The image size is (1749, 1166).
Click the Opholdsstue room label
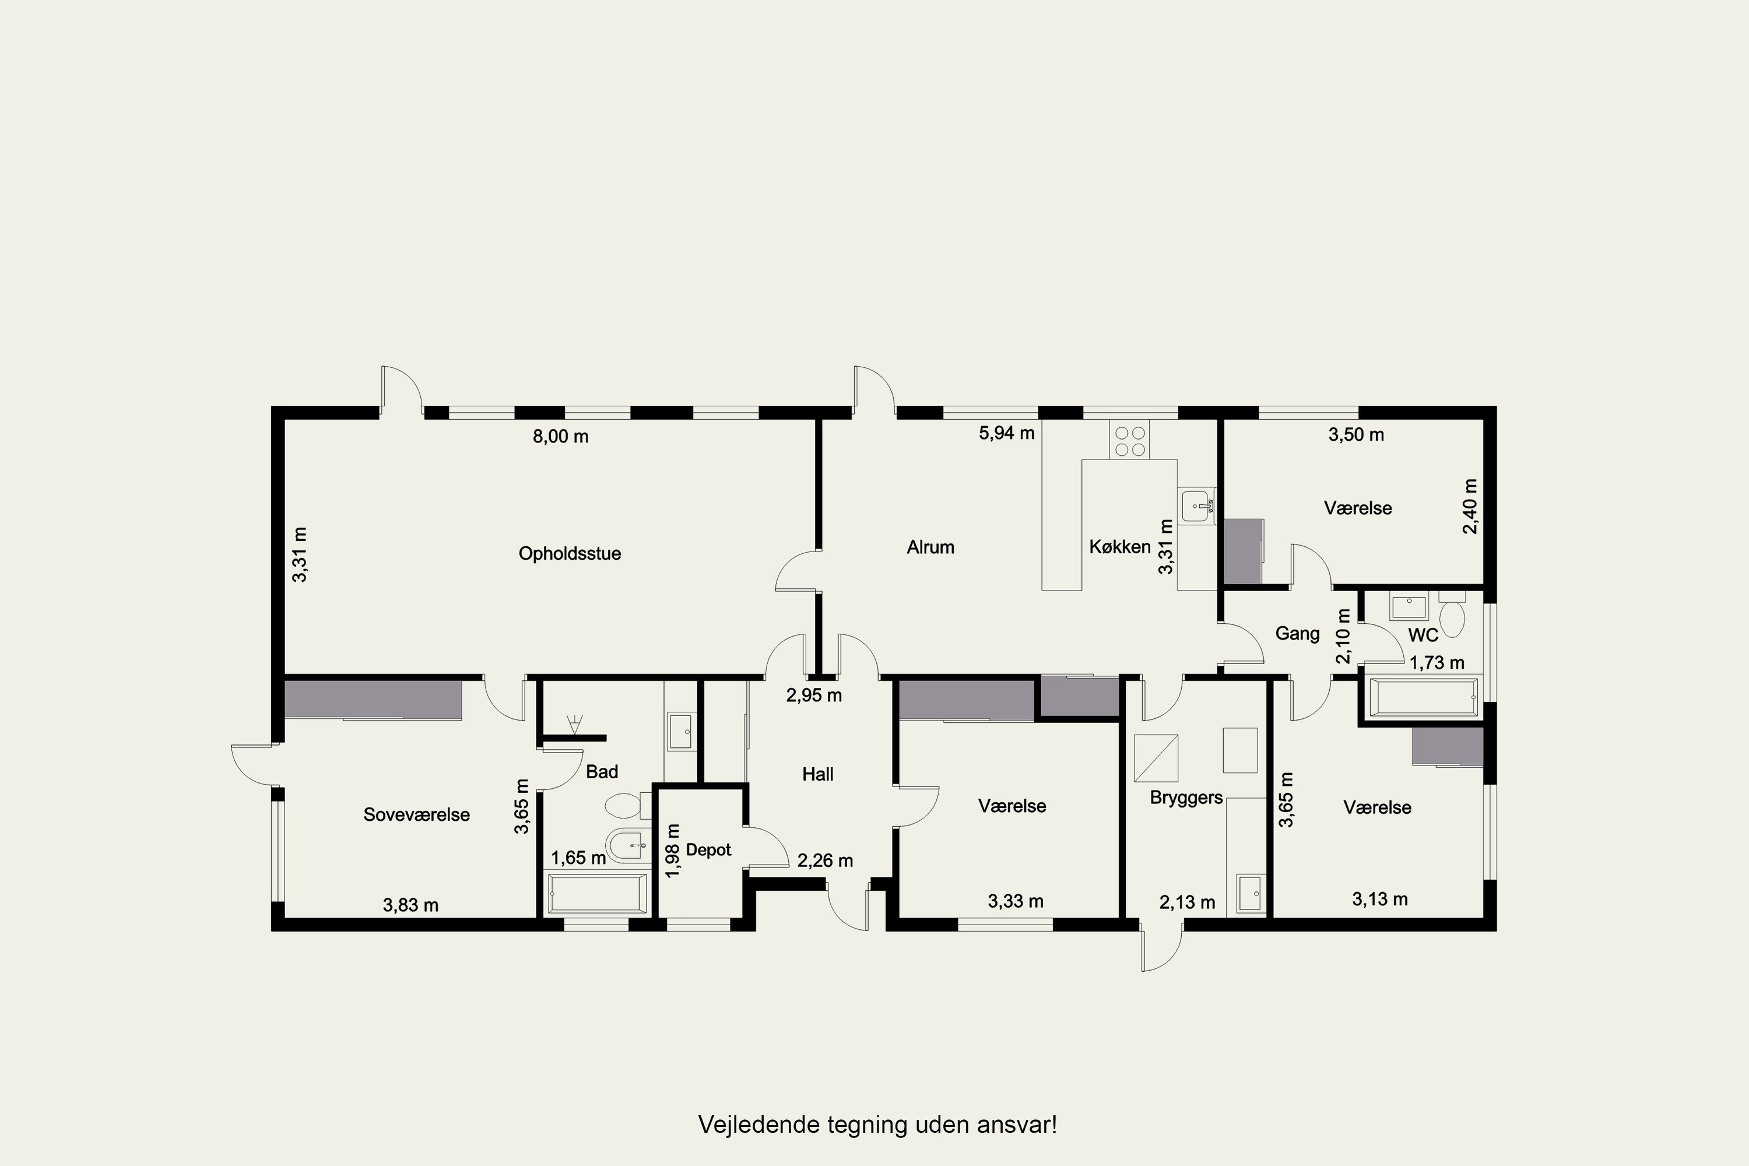tap(570, 554)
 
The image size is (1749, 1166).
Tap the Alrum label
tap(930, 547)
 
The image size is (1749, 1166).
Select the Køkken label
tap(1120, 547)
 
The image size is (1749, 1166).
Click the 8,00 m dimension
tap(561, 437)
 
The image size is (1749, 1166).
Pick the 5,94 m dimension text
tap(1007, 433)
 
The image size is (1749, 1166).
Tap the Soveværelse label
tap(416, 814)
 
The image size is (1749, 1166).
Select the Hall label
tap(817, 774)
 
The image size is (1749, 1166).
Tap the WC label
tap(1423, 635)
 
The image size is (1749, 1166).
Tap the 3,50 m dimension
tap(1357, 434)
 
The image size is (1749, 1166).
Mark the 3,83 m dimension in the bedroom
tap(410, 905)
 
